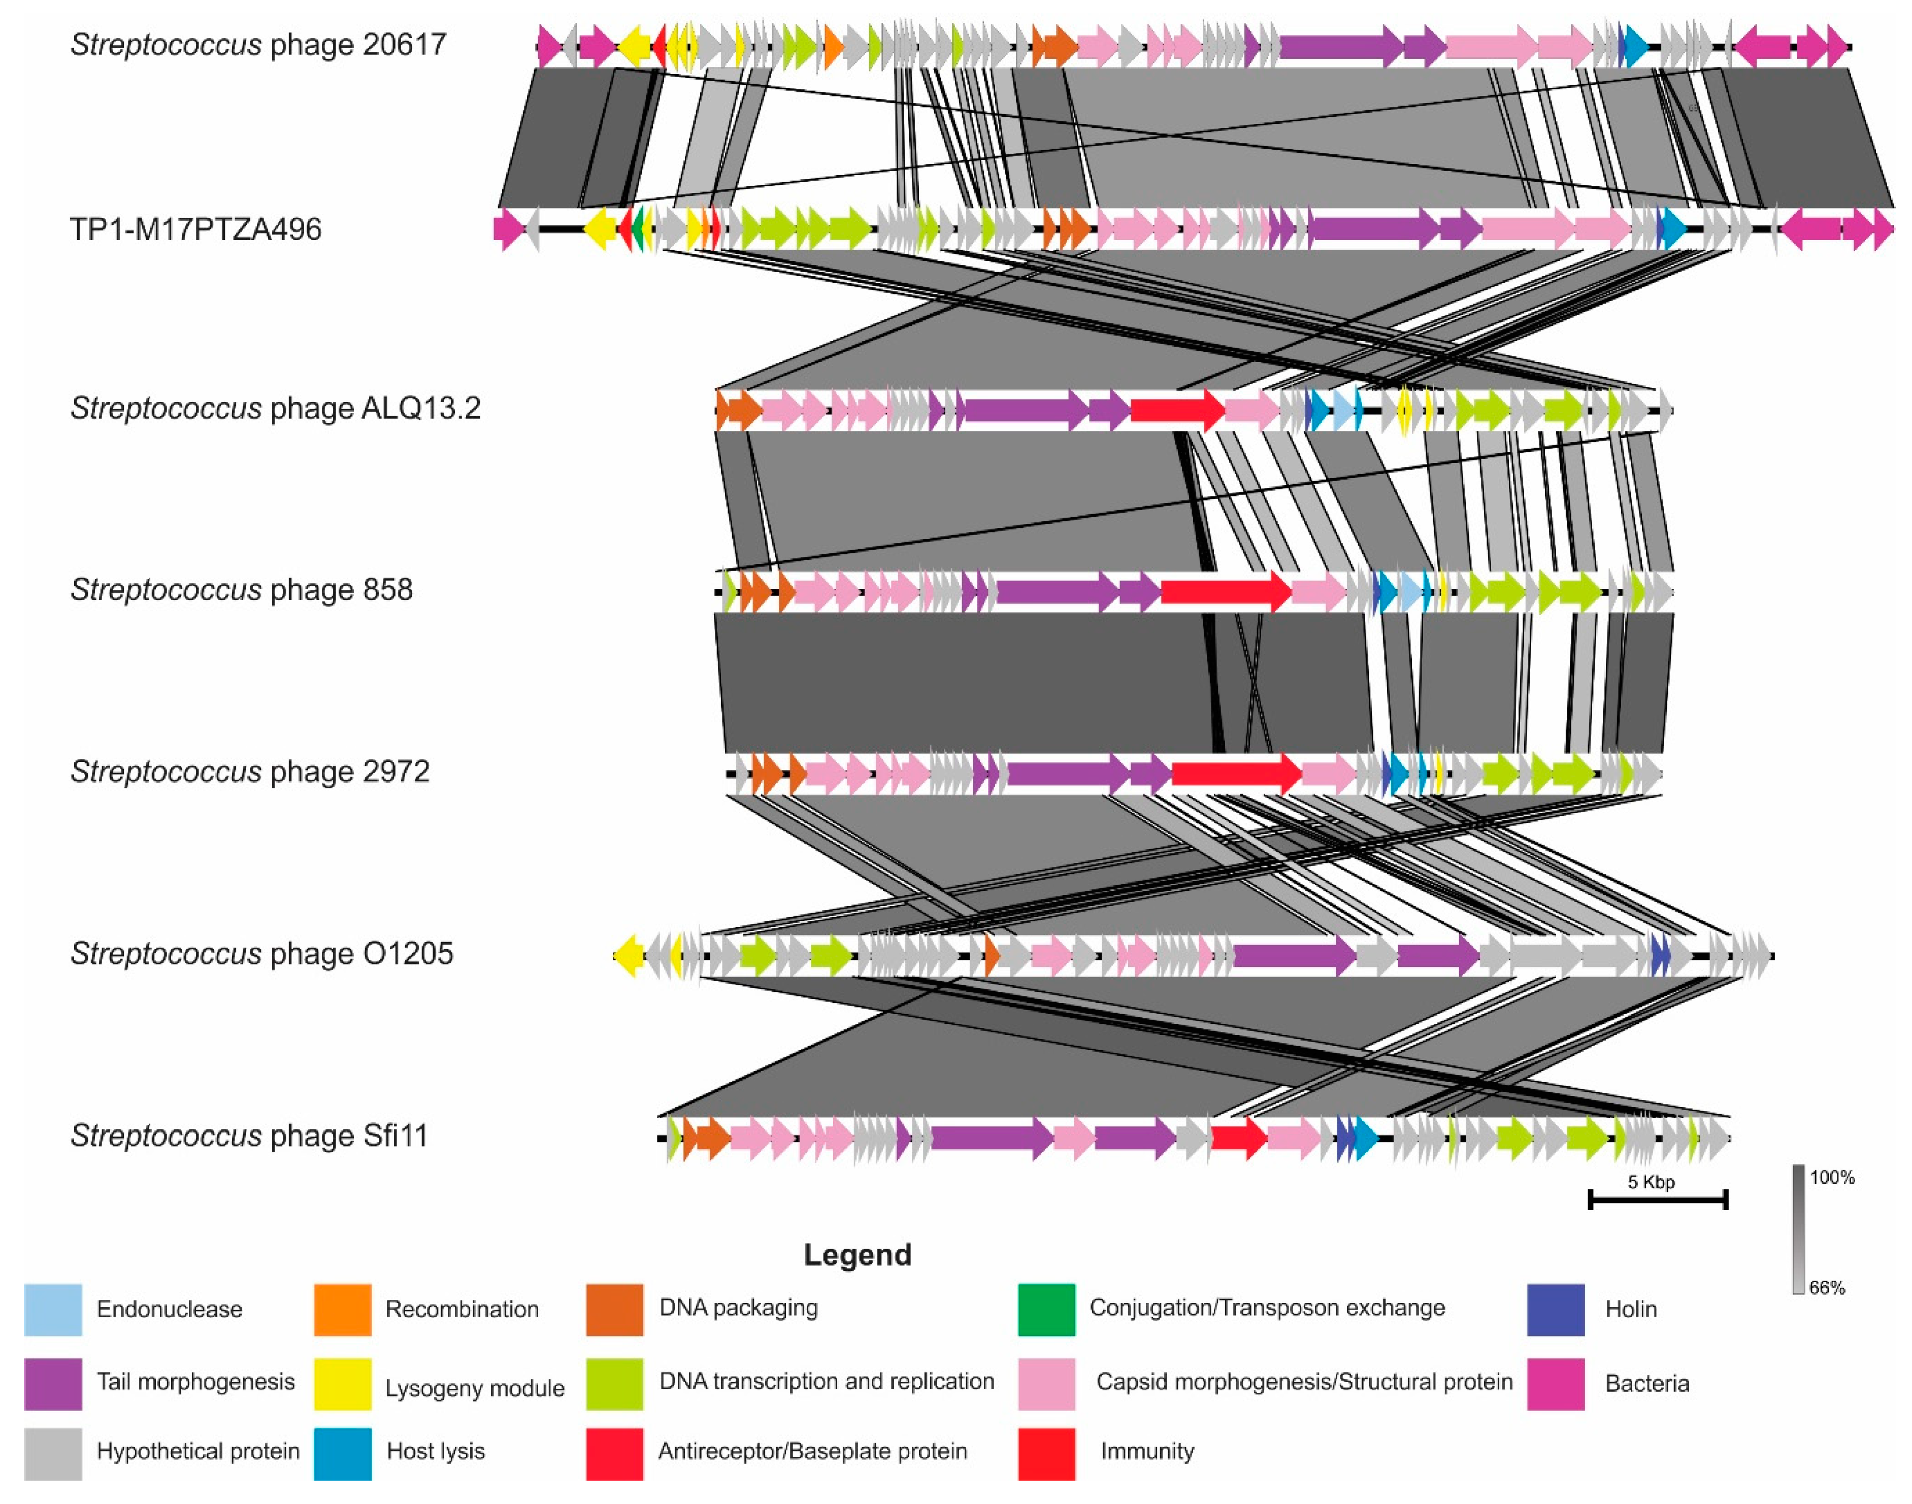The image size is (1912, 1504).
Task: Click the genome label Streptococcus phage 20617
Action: [x=258, y=44]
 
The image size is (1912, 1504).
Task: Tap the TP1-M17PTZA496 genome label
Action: [x=195, y=229]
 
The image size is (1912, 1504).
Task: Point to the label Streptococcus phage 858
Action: [x=241, y=589]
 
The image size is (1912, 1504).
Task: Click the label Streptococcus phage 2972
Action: [x=250, y=772]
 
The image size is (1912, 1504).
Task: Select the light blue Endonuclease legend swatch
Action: [x=53, y=1310]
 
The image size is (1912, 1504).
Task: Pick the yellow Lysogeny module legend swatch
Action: [x=343, y=1383]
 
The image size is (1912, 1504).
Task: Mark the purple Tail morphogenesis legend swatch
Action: [x=53, y=1383]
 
